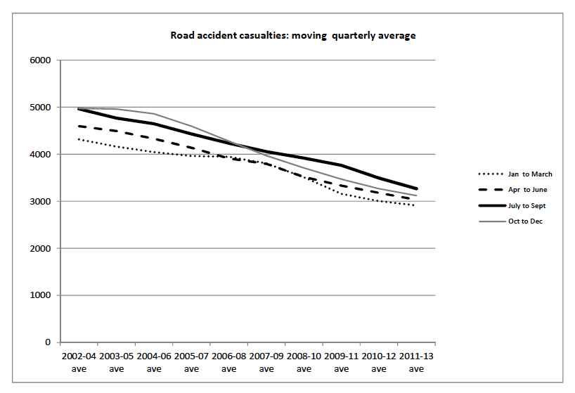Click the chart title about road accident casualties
tap(292, 35)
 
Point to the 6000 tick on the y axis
tap(41, 60)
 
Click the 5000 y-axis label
tap(41, 108)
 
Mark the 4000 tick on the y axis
tap(41, 155)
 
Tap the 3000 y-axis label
tap(41, 202)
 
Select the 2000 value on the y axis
tap(41, 249)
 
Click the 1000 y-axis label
tap(41, 295)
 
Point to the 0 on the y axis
tap(49, 342)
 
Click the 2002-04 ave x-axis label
tap(79, 363)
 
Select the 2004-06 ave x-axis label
tap(154, 363)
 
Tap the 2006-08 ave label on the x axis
tap(229, 363)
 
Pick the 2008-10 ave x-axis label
tap(304, 363)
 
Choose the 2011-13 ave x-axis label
tap(416, 363)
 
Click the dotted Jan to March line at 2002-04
tap(79, 140)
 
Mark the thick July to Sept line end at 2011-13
tap(416, 188)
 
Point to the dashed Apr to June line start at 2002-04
tap(79, 127)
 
